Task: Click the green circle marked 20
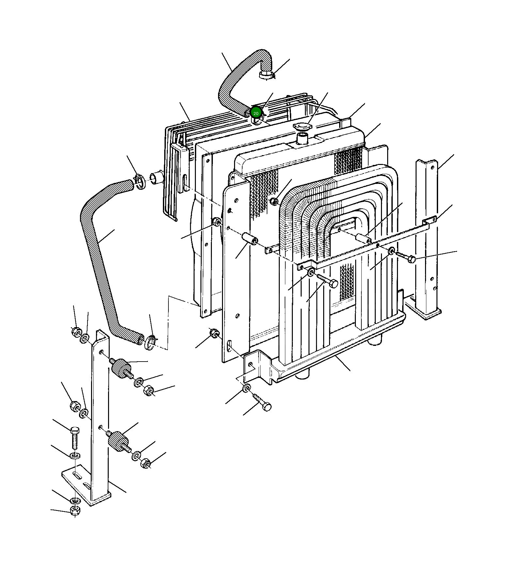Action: tap(256, 113)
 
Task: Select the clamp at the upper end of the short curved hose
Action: tap(266, 75)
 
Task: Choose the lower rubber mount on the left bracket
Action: tap(118, 441)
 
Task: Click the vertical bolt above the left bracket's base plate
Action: tap(74, 438)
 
